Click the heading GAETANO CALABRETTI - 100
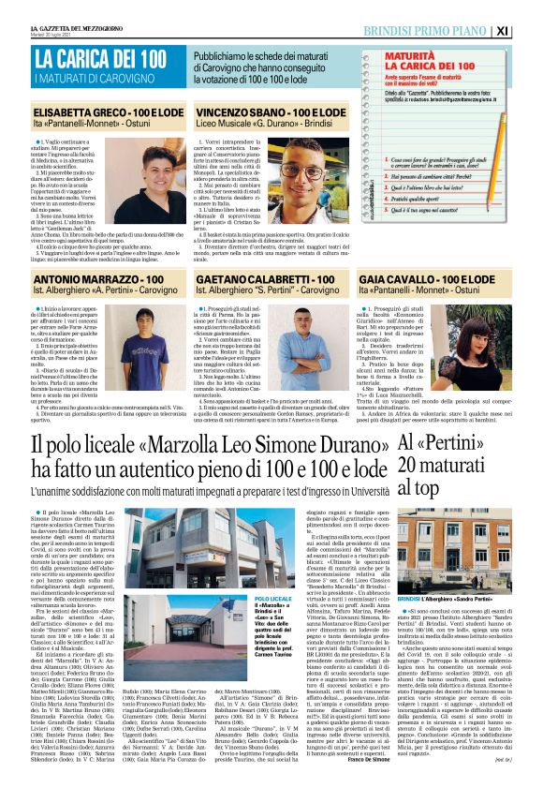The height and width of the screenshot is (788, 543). click(268, 280)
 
